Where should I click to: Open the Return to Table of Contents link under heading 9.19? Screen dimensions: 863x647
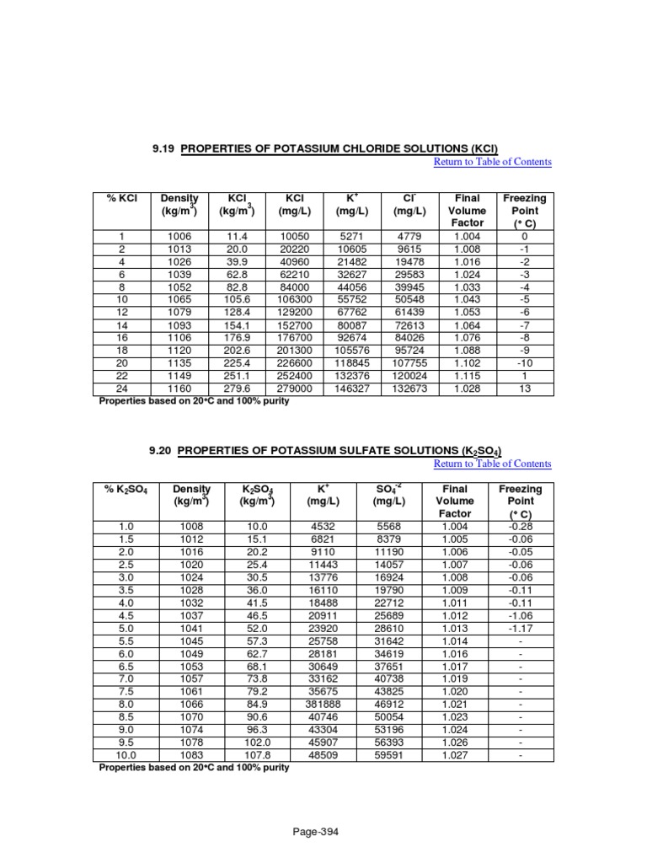(492, 162)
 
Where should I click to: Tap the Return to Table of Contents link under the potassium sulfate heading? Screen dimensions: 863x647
(492, 464)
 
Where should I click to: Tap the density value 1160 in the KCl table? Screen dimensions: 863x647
(179, 389)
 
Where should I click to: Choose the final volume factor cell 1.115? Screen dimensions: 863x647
(467, 377)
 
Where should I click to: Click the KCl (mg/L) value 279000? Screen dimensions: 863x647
(288, 389)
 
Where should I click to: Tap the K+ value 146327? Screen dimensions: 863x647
(350, 389)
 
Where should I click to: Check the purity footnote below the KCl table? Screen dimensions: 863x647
(194, 401)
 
